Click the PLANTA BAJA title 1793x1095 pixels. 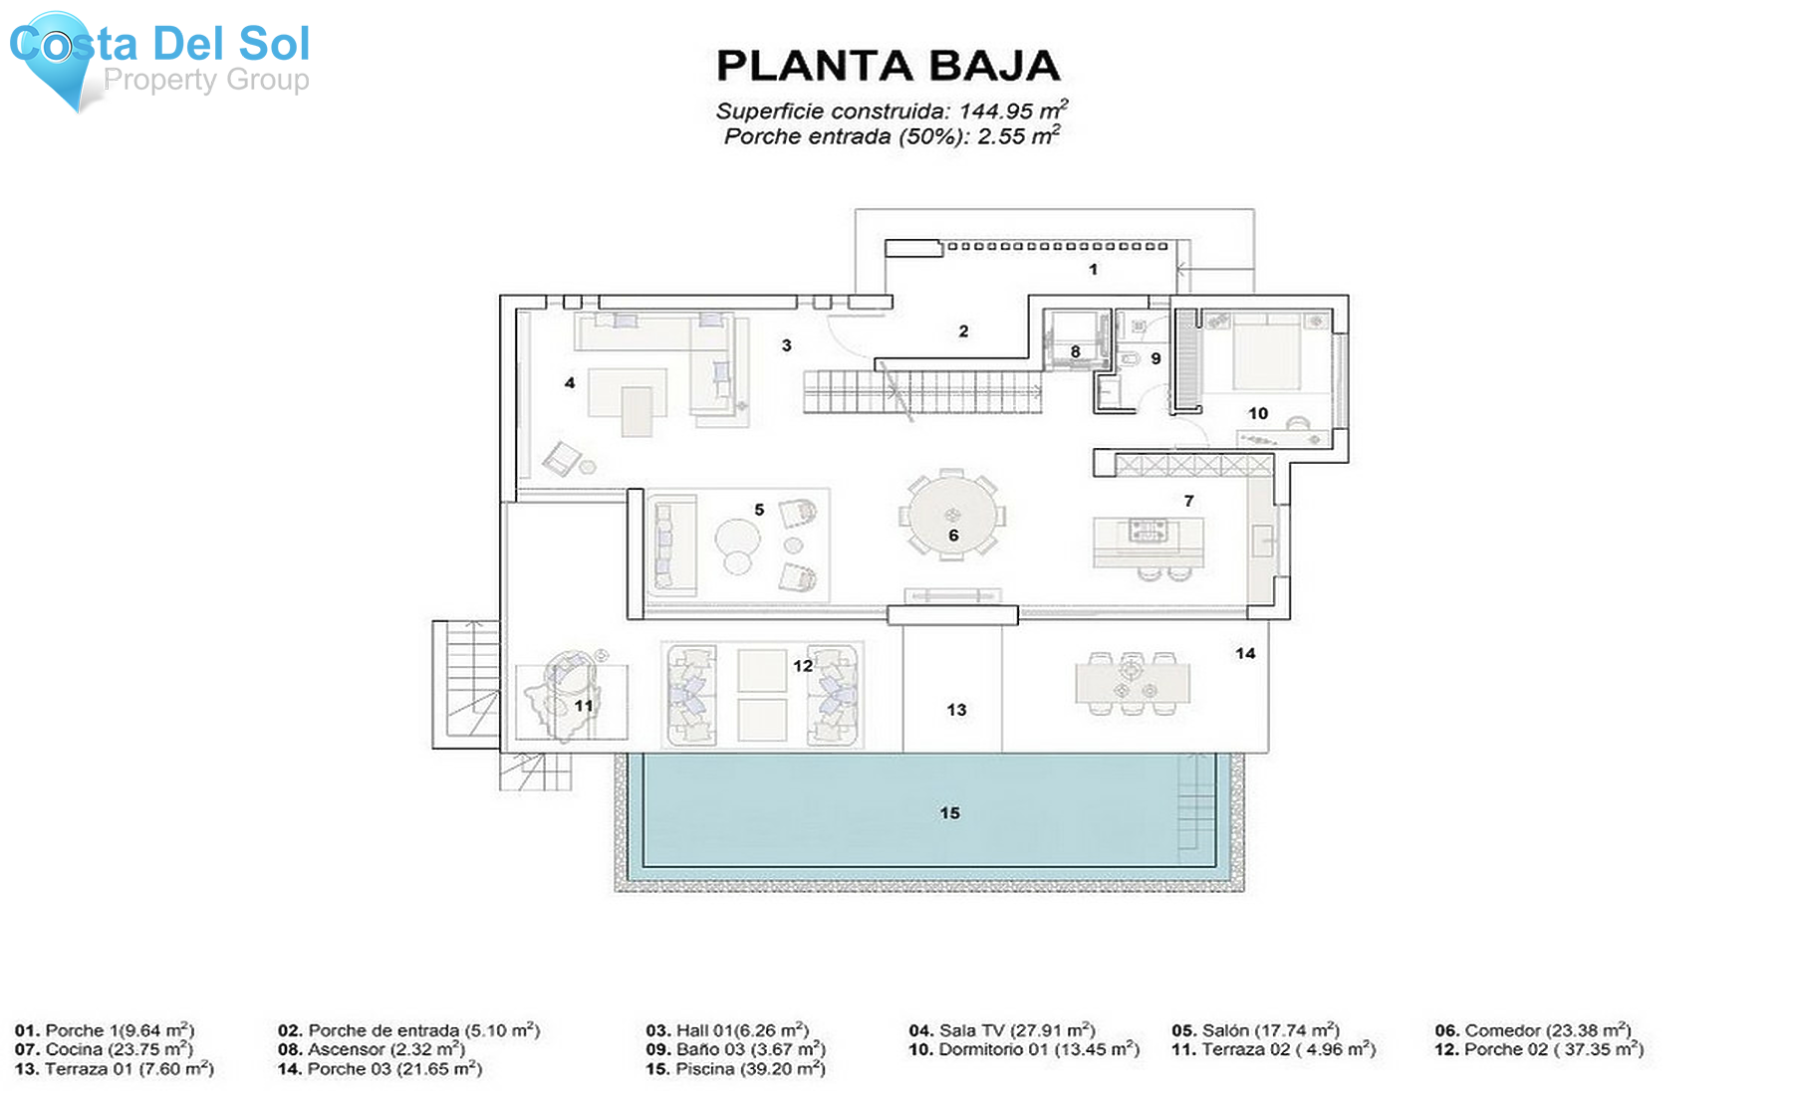pyautogui.click(x=888, y=66)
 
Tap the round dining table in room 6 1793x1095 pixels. pyautogui.click(x=952, y=516)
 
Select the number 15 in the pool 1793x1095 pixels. pyautogui.click(x=949, y=813)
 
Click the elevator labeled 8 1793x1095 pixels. pyautogui.click(x=1075, y=339)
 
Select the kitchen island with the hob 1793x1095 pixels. pyautogui.click(x=1148, y=542)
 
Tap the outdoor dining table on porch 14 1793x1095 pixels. pyautogui.click(x=1133, y=684)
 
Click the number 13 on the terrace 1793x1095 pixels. pyautogui.click(x=956, y=710)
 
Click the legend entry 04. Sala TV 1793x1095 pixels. pyautogui.click(x=1001, y=1030)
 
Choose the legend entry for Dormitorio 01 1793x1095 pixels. pyautogui.click(x=1023, y=1049)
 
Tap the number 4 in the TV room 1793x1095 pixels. pyautogui.click(x=570, y=382)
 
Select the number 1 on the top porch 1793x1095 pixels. pyautogui.click(x=1093, y=269)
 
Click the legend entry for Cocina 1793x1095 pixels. pyautogui.click(x=104, y=1049)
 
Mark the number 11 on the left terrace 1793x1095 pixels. pyautogui.click(x=584, y=706)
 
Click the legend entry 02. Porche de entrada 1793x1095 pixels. pyautogui.click(x=408, y=1030)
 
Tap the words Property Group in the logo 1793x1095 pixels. pyautogui.click(x=206, y=80)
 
